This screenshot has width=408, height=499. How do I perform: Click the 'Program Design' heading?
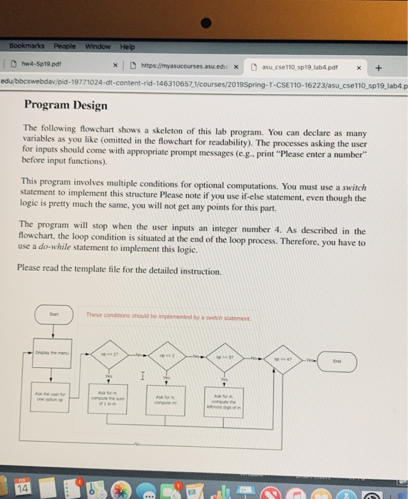(65, 106)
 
